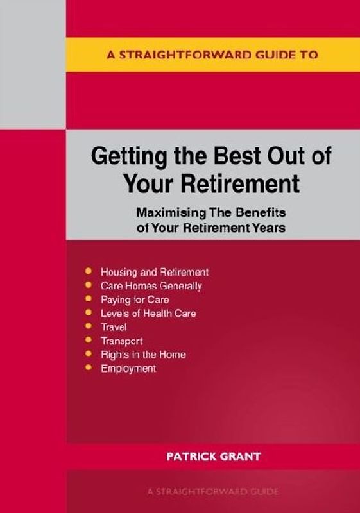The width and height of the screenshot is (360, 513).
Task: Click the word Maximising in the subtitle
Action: click(166, 212)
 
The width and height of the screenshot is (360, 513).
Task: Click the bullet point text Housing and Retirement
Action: click(155, 272)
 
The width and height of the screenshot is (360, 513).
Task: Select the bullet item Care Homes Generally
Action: click(151, 286)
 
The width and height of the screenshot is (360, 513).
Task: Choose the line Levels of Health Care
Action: click(148, 314)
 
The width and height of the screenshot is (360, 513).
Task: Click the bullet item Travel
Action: click(114, 327)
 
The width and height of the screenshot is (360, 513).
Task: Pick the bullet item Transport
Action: click(122, 341)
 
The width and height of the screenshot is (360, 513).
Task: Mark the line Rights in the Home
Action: click(143, 355)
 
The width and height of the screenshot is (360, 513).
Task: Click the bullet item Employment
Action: click(128, 369)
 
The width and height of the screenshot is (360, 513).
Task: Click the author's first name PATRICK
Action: click(191, 457)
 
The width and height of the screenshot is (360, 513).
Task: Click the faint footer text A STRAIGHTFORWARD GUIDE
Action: click(212, 492)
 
